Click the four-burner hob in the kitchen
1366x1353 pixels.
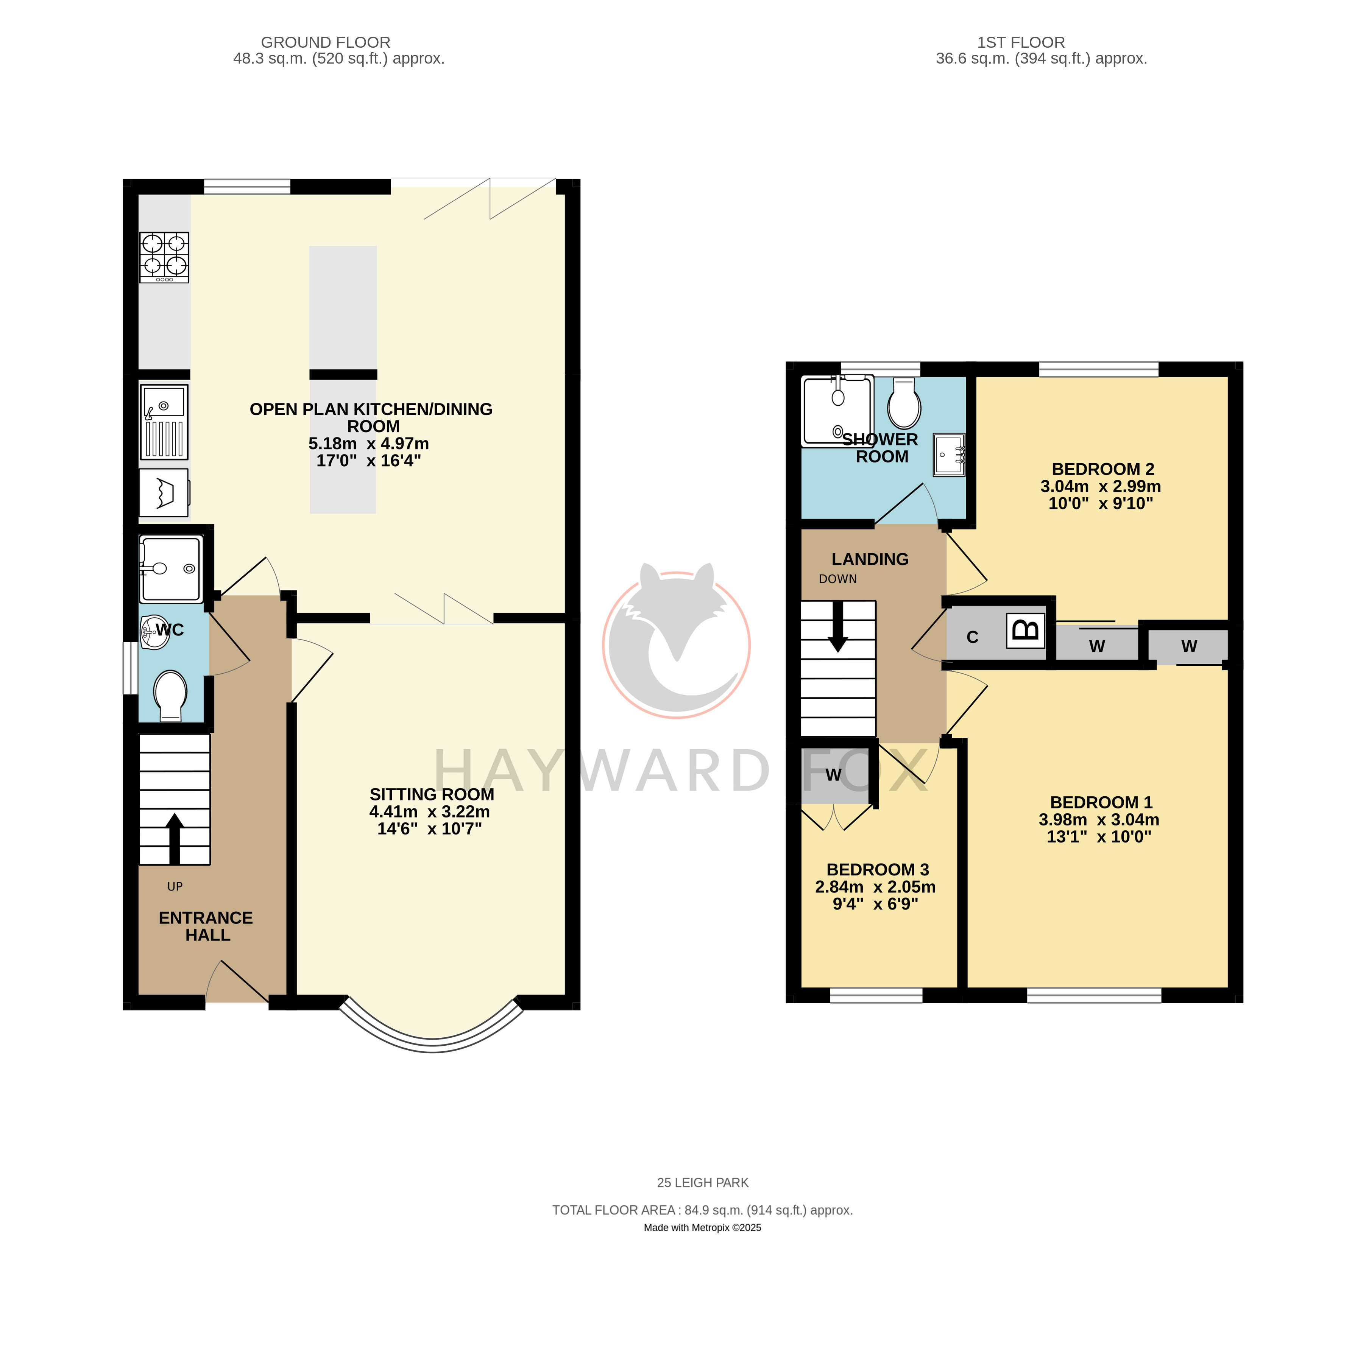tap(164, 257)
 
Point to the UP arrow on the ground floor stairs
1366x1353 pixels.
tap(175, 838)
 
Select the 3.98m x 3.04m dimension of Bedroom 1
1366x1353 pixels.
tap(1099, 819)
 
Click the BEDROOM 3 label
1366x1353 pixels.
tap(878, 869)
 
